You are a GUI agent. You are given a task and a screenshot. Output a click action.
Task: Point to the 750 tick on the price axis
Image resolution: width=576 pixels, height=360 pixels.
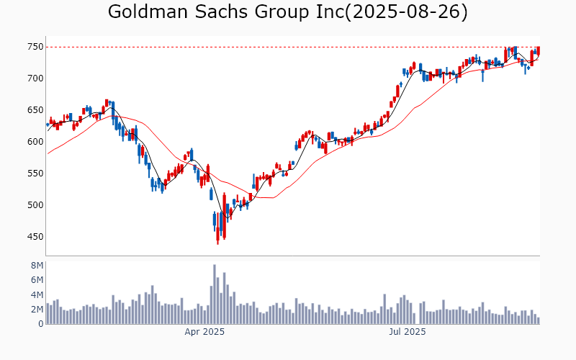35,47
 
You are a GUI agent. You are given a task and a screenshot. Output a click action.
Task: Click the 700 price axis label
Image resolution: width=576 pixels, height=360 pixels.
35,78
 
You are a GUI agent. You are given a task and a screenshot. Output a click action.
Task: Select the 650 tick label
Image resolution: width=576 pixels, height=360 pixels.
35,110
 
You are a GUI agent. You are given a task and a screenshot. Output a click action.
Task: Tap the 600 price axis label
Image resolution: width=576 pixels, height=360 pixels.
35,142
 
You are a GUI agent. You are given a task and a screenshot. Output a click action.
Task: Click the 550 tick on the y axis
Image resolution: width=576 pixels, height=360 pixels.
35,174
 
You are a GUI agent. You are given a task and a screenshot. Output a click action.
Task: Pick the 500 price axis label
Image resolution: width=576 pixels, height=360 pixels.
35,205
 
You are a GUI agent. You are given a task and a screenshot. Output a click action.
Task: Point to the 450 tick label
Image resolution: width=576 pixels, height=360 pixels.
35,237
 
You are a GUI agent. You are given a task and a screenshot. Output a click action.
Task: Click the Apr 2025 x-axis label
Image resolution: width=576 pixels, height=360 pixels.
204,332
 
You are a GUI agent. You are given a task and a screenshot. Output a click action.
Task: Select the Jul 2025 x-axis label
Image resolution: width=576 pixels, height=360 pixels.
408,332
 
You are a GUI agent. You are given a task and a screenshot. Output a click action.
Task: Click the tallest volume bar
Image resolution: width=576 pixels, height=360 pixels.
215,294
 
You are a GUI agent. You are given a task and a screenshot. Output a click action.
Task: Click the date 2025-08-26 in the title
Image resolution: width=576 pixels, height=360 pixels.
408,12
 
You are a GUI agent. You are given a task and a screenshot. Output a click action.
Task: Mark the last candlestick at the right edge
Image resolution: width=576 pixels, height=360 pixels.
538,51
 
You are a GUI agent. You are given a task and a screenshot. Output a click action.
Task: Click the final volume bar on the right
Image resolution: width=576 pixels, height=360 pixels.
538,320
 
